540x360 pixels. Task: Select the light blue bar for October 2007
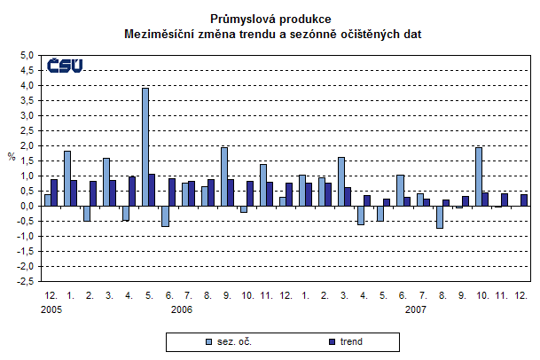(x=479, y=176)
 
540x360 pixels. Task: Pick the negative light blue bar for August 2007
(x=439, y=216)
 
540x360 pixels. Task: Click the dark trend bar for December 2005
(x=54, y=192)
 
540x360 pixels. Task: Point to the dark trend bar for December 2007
(x=523, y=200)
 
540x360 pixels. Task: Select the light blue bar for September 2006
(x=223, y=176)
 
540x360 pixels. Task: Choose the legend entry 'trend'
(x=348, y=340)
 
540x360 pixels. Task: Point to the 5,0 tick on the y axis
(x=27, y=55)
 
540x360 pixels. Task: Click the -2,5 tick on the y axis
(x=26, y=281)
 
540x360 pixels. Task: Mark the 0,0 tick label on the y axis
(x=27, y=206)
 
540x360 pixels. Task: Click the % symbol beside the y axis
(x=12, y=157)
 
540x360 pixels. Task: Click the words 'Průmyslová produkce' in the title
(x=271, y=18)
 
